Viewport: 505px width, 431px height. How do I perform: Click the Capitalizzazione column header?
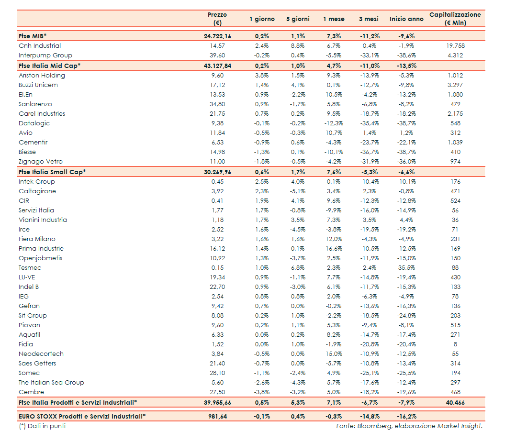pos(455,19)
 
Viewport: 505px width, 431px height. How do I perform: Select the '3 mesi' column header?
pos(369,19)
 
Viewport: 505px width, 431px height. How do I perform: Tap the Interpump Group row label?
pos(45,55)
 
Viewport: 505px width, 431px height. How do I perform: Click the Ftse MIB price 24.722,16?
pos(217,36)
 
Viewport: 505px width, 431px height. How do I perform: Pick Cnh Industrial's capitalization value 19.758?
pos(455,46)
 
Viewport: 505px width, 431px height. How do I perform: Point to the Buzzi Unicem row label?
pos(38,85)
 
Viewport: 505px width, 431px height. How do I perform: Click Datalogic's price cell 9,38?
pos(217,123)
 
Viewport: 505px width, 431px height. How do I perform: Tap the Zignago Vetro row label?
pos(41,162)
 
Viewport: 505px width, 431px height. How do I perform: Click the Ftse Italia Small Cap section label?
pos(52,172)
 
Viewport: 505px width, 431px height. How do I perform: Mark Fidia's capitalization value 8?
pos(455,344)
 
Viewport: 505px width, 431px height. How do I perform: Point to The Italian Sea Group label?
pos(51,383)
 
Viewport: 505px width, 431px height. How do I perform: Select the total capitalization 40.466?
pos(455,403)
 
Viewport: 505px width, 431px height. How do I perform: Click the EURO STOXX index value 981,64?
pos(217,416)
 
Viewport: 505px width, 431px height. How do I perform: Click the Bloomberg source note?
pos(409,426)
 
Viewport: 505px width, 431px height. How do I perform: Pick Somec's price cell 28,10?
pos(217,373)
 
